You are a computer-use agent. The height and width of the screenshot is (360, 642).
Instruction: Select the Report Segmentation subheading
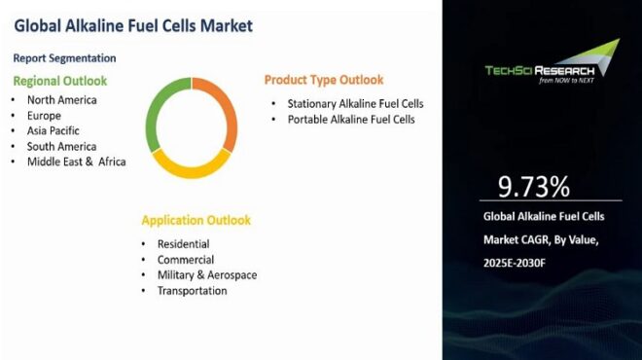[x=64, y=58]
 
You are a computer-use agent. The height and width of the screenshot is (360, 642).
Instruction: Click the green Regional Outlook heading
[x=59, y=81]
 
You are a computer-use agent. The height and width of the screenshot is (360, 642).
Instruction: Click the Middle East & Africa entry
[x=76, y=162]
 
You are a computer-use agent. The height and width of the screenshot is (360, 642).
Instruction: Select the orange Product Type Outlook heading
[x=324, y=80]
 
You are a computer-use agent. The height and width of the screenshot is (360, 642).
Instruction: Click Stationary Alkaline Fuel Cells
[x=355, y=103]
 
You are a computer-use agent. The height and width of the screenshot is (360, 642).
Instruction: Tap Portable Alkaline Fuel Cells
[x=351, y=120]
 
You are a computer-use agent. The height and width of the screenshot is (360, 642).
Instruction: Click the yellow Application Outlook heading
[x=196, y=220]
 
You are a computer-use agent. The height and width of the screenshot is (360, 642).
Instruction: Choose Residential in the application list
[x=183, y=243]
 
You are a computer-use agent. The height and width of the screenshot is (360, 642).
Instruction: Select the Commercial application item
[x=186, y=260]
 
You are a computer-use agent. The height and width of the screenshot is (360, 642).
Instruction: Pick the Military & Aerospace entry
[x=206, y=275]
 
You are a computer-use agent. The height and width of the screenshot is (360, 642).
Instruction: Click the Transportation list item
[x=192, y=291]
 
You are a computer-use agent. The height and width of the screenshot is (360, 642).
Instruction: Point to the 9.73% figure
[x=533, y=187]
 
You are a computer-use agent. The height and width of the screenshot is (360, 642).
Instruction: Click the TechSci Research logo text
[x=539, y=69]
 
